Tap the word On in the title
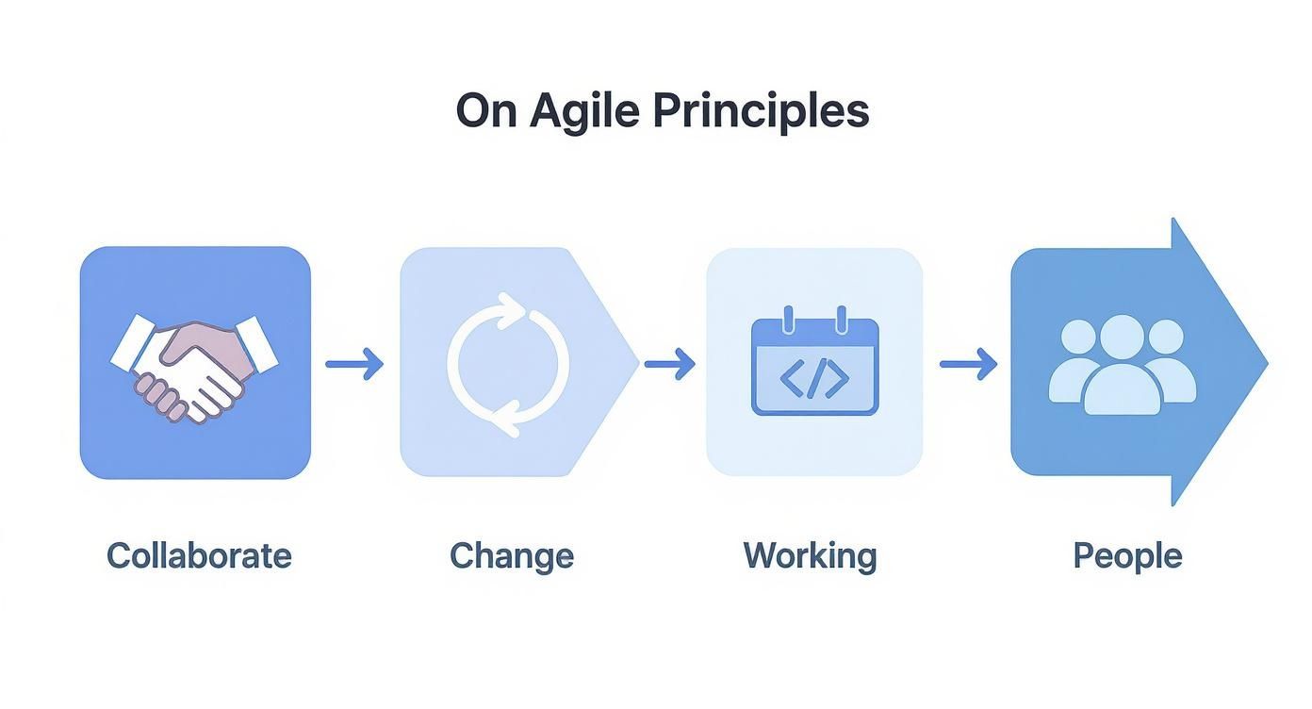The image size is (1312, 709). (x=486, y=112)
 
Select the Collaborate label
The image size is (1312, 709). (x=199, y=555)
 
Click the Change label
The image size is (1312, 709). (x=512, y=555)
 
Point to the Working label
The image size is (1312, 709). (x=810, y=555)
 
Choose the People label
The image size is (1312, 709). (x=1127, y=555)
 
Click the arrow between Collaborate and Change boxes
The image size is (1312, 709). (x=354, y=363)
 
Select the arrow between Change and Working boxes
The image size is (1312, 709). (x=669, y=363)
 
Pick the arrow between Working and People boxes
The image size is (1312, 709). (x=968, y=363)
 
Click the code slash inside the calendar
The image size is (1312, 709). (x=814, y=377)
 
